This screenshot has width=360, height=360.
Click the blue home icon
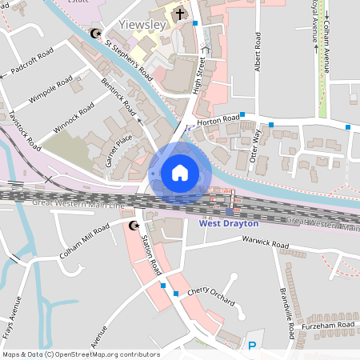(180, 173)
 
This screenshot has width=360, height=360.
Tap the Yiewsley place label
(142, 25)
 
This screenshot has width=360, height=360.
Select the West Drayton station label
(228, 224)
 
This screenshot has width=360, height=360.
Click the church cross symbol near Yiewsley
(180, 13)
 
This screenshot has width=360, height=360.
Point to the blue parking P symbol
(252, 346)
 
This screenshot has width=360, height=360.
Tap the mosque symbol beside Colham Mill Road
(134, 226)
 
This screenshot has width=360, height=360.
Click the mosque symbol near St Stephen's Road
(97, 34)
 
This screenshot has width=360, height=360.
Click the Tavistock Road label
(26, 130)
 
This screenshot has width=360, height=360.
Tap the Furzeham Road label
(327, 325)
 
